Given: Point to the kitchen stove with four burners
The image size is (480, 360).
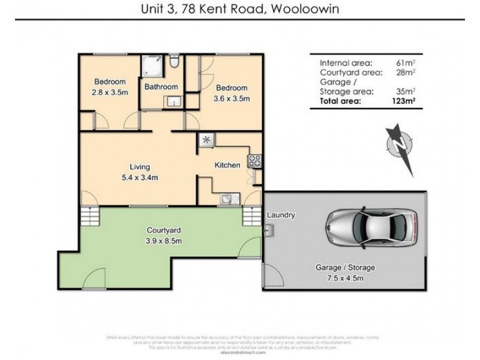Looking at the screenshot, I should pos(254,160).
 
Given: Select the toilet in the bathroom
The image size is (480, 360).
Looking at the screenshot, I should pos(174,62).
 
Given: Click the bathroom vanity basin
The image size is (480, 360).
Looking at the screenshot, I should pos(173,101).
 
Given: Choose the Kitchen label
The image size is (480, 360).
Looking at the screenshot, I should pos(228,165).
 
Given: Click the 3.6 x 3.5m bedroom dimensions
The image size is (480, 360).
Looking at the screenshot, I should pos(232,98).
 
